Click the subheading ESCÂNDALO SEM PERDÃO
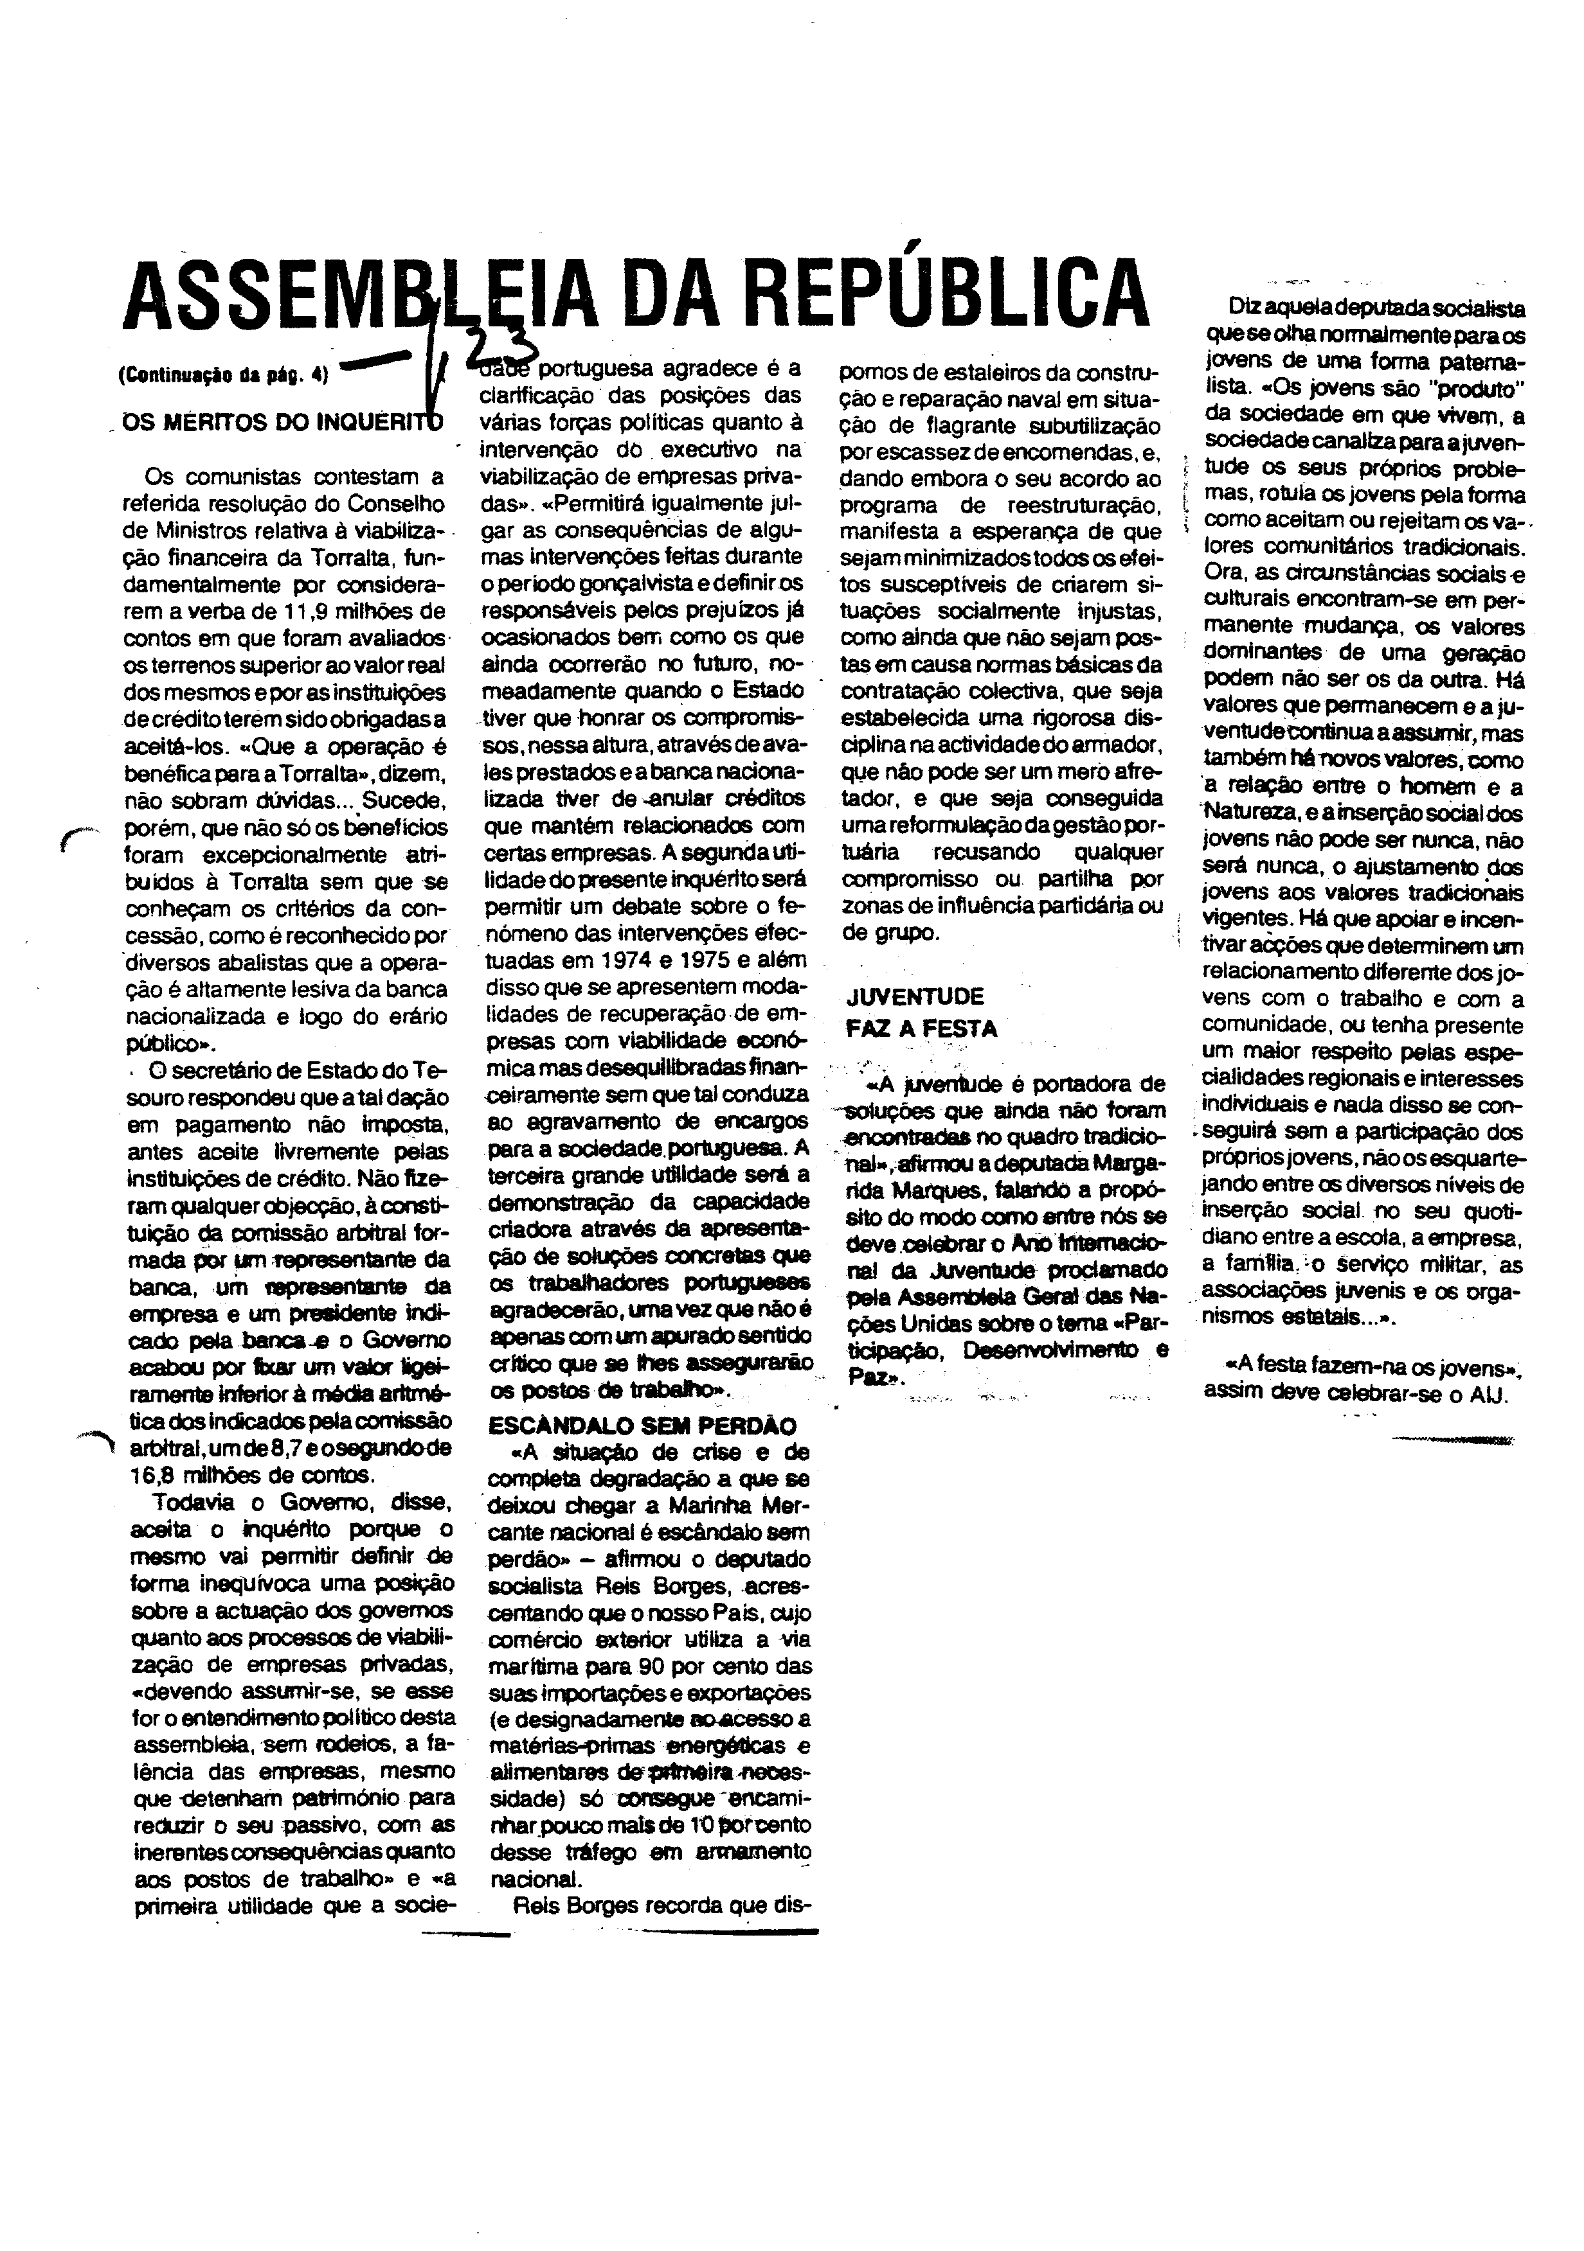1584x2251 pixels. click(x=642, y=1426)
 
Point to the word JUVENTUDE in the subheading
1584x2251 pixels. click(x=914, y=997)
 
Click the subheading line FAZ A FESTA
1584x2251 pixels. click(x=921, y=1029)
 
